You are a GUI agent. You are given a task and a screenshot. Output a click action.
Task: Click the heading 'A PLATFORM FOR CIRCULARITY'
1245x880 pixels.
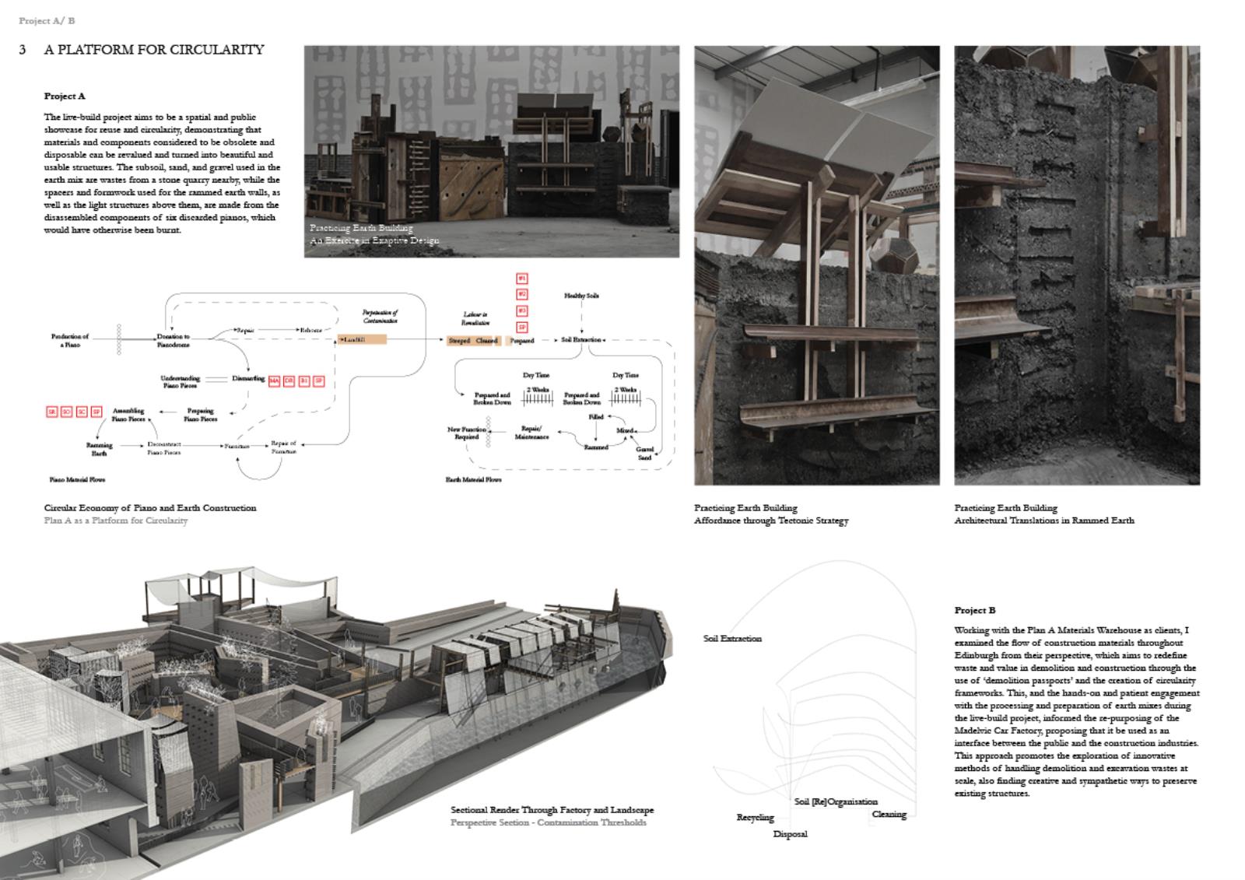(x=154, y=50)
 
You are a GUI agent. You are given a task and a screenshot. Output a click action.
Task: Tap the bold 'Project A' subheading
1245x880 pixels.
(x=65, y=96)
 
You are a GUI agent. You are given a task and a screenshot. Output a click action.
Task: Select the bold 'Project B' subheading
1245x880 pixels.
(x=974, y=610)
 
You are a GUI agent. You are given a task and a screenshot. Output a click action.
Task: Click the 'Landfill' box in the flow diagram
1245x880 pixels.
(x=362, y=339)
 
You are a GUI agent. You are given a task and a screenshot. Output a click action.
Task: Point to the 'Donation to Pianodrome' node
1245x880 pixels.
(x=173, y=340)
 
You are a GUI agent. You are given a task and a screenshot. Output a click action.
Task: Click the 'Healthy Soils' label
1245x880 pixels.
(x=581, y=296)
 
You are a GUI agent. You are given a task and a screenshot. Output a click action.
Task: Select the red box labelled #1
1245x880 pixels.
(x=522, y=278)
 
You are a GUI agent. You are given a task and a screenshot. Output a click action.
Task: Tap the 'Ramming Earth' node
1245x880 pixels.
(x=99, y=449)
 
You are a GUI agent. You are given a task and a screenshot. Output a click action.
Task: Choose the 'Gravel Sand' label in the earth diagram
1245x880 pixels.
(x=644, y=453)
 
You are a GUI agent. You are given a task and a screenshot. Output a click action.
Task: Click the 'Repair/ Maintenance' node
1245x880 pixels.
(x=531, y=432)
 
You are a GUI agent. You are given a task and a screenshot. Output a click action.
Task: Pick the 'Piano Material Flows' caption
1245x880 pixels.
(x=77, y=480)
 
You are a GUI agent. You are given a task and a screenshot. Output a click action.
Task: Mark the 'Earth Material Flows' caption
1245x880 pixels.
(x=473, y=480)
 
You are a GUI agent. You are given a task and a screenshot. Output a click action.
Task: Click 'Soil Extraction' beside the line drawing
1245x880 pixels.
(x=732, y=638)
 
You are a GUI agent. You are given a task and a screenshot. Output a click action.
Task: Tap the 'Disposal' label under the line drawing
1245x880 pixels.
(x=790, y=834)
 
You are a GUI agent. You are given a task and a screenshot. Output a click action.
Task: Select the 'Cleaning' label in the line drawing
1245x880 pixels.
(x=889, y=814)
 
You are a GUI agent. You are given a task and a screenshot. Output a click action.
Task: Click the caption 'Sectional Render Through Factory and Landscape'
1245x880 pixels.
(x=552, y=810)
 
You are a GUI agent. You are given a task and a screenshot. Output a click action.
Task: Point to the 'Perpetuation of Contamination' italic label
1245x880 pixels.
(x=380, y=316)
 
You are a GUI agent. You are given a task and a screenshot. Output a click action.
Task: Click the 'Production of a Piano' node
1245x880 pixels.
(x=70, y=340)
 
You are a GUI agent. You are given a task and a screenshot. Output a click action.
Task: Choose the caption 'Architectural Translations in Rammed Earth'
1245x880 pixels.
(x=1043, y=520)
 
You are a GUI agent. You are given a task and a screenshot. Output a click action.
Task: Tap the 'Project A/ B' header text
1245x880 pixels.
(x=47, y=21)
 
